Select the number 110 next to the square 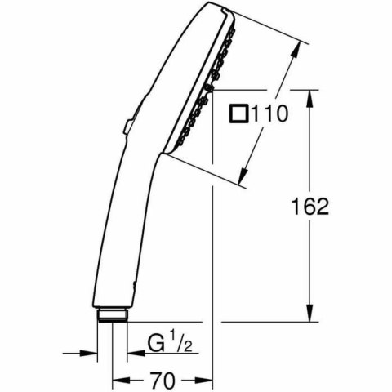tap(269, 115)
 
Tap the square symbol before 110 tap(238, 115)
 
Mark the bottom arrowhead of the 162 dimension tap(310, 317)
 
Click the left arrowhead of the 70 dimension tap(116, 381)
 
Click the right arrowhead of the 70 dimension tap(207, 381)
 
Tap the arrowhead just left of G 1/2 tap(131, 353)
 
